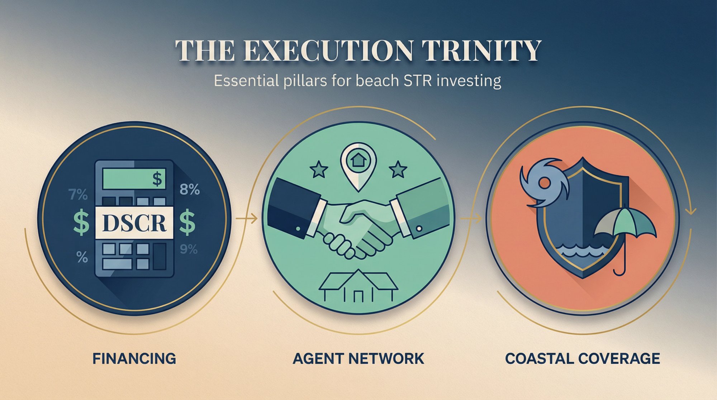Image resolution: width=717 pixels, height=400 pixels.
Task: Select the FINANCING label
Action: pyautogui.click(x=134, y=358)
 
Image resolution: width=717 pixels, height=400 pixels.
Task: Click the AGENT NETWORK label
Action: pyautogui.click(x=358, y=358)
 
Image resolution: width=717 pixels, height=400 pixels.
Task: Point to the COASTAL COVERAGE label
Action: pyautogui.click(x=583, y=358)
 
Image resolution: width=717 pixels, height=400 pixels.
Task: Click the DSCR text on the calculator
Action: pyautogui.click(x=134, y=223)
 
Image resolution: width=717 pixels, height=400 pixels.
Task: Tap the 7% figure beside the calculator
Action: pyautogui.click(x=78, y=195)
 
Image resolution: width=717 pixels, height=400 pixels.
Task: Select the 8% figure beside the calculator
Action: pyautogui.click(x=190, y=189)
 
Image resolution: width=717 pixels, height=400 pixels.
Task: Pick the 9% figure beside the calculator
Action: pyautogui.click(x=189, y=249)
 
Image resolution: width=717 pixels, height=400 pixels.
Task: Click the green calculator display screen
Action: pyautogui.click(x=134, y=178)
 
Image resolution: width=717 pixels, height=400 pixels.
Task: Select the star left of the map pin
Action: pyautogui.click(x=319, y=169)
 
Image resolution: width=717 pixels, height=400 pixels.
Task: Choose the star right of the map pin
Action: pyautogui.click(x=398, y=169)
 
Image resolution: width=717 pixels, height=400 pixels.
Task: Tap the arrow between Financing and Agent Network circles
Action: pyautogui.click(x=247, y=218)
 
